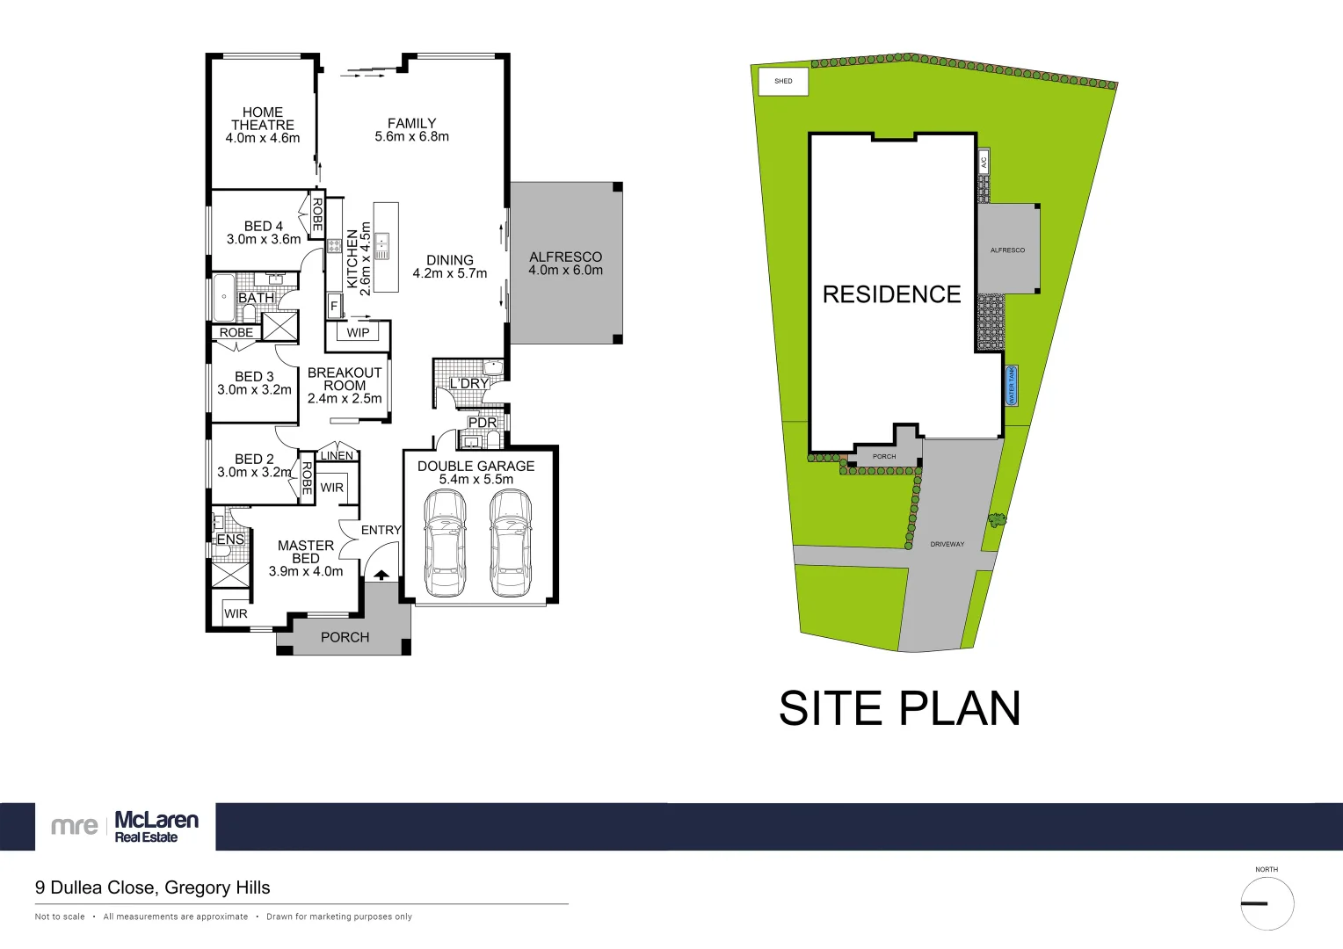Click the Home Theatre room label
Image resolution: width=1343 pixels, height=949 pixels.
262,119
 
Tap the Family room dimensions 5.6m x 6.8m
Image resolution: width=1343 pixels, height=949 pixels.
411,137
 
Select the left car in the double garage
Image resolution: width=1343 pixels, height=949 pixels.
445,542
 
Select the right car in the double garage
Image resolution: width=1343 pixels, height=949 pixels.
511,542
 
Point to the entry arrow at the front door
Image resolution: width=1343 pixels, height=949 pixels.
381,575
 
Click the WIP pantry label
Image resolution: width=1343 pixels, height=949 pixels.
358,333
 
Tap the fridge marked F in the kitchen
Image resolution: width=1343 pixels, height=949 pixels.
334,307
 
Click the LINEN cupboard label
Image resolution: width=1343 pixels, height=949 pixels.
337,455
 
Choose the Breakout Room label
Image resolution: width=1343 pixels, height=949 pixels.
345,379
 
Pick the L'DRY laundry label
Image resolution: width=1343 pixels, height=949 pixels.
468,384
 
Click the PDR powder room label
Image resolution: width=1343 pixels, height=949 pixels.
483,423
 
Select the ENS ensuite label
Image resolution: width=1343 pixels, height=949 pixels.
230,540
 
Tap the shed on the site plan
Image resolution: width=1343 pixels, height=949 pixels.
783,81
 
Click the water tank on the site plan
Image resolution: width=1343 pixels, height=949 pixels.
1012,386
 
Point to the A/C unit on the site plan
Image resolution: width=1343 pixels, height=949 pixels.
984,161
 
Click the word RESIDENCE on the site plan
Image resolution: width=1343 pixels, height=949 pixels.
891,294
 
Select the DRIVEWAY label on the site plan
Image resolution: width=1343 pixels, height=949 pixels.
947,545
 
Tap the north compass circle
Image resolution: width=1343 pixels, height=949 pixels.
1267,903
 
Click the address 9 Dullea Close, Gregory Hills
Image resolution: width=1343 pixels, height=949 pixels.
153,887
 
